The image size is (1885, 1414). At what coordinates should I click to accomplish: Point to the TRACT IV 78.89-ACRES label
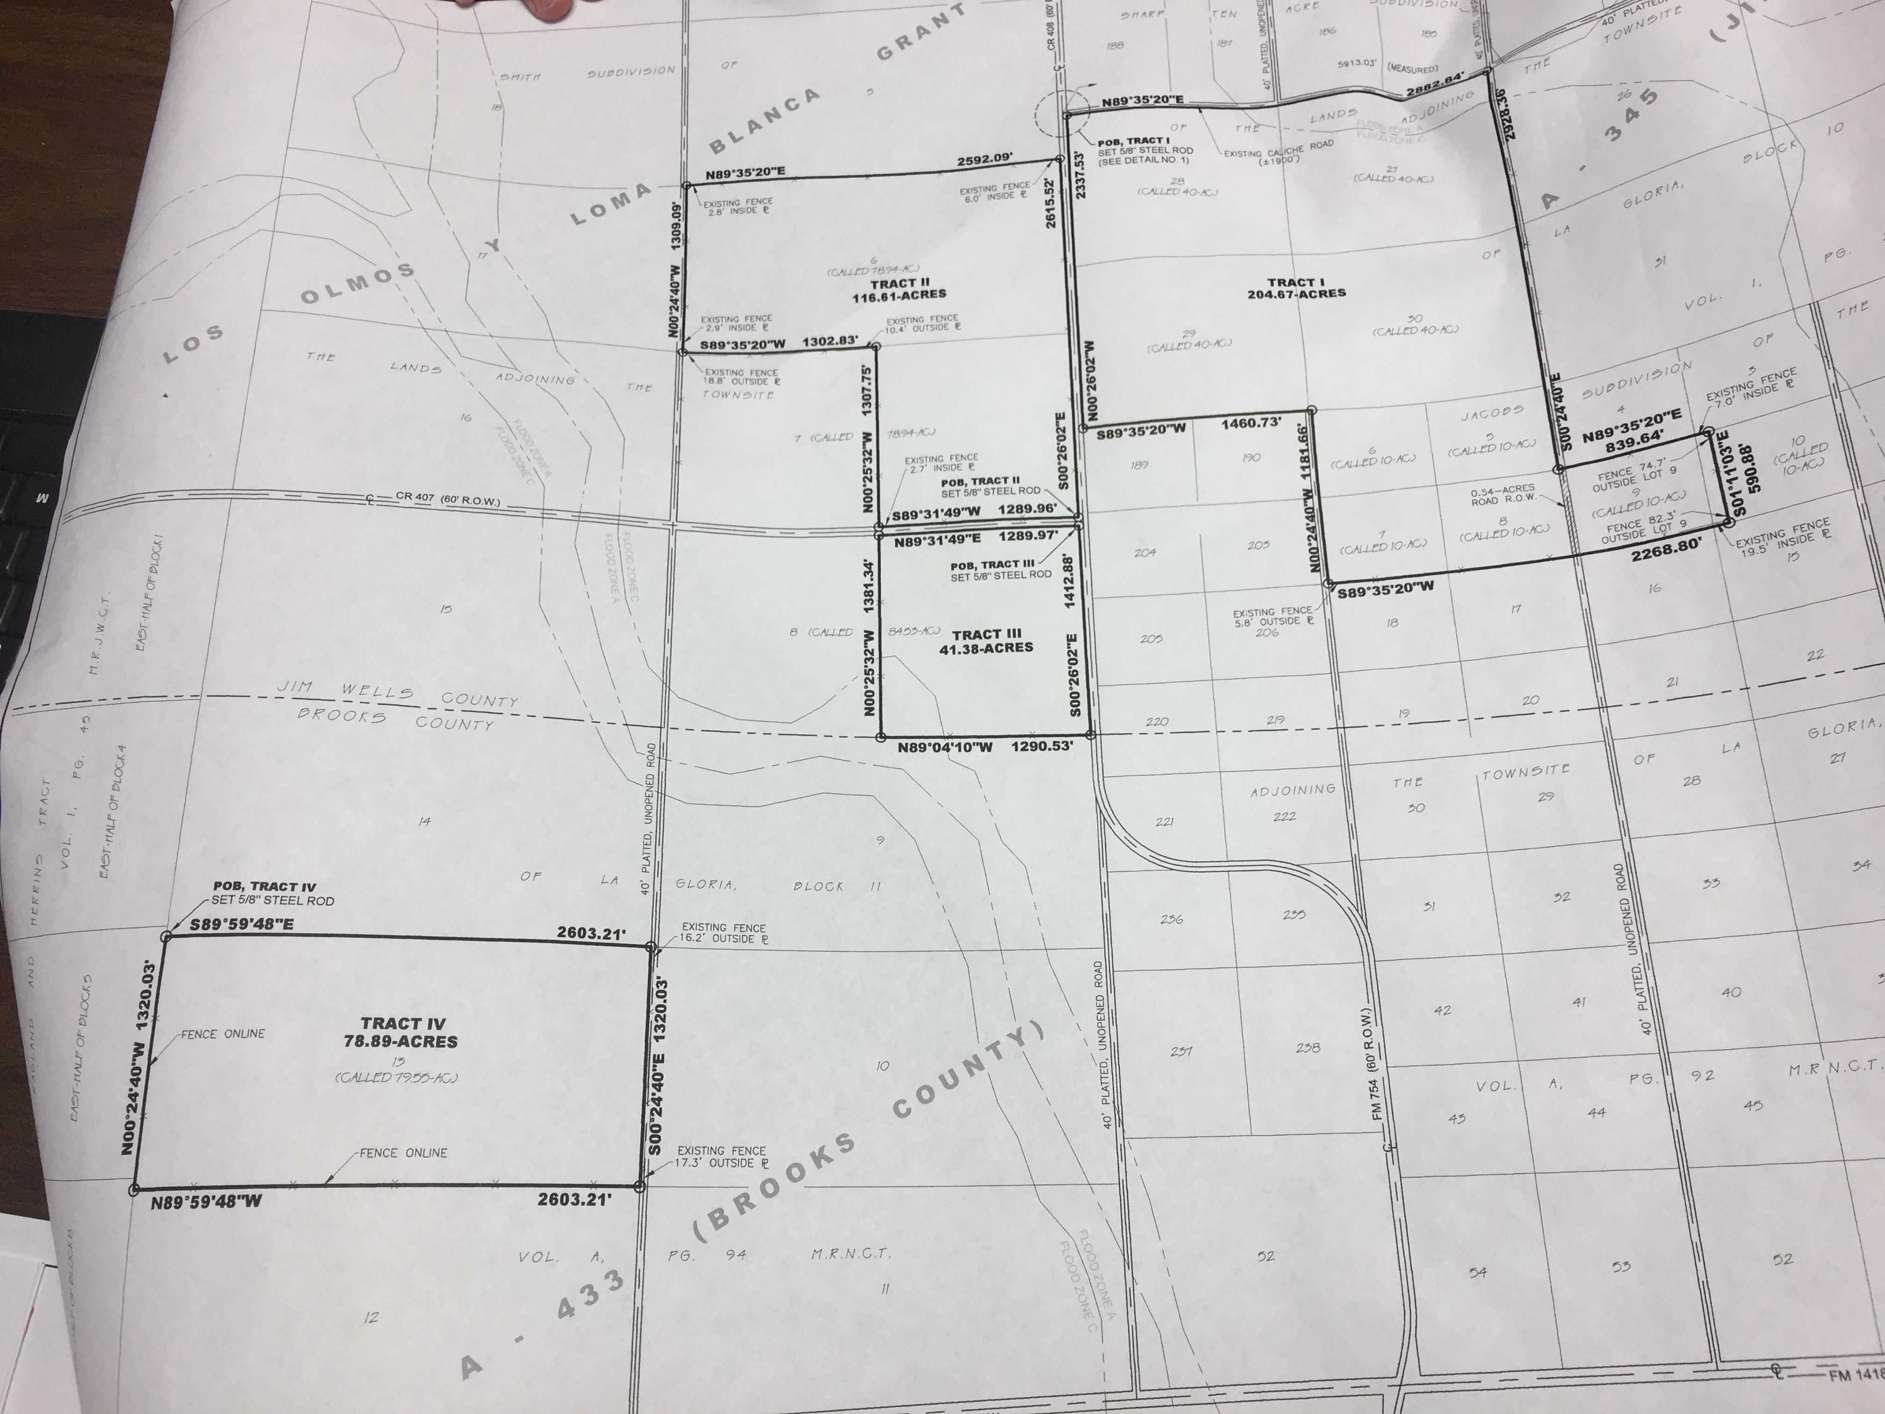pos(402,1032)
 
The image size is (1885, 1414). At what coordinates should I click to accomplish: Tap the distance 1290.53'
pos(1041,746)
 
